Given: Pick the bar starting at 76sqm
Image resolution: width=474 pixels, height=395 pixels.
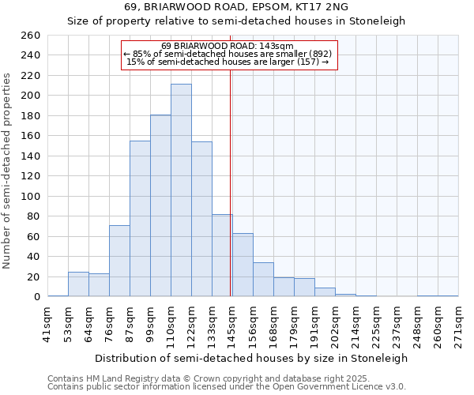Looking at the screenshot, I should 119,261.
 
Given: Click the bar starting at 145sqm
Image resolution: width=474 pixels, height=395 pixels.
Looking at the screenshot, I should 243,265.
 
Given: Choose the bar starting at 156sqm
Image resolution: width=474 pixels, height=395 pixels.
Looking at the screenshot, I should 263,280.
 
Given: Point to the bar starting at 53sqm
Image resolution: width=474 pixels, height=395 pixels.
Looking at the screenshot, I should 78,284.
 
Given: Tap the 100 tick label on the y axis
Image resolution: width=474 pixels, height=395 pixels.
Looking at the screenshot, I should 31,197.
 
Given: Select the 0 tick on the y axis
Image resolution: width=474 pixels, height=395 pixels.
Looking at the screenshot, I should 36,297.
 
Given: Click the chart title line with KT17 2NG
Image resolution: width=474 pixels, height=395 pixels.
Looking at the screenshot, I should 236,7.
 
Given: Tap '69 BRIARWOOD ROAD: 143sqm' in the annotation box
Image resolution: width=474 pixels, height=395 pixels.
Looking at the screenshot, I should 230,47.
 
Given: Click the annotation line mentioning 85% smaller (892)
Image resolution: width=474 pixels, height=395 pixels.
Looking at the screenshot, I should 230,54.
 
